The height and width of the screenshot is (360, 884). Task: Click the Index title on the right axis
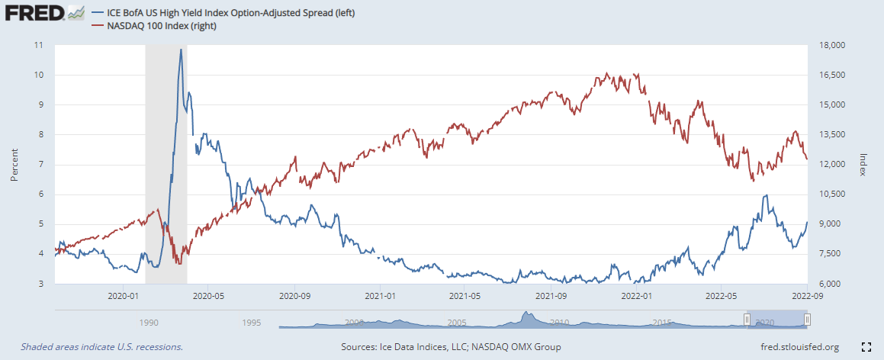click(863, 164)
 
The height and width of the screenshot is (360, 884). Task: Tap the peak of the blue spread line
click(181, 50)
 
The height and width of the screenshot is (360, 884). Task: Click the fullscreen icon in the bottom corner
click(866, 347)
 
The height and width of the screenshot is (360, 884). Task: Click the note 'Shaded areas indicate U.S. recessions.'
click(101, 347)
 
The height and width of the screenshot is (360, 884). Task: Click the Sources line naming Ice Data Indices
click(451, 347)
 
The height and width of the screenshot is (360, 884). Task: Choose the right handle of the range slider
click(807, 320)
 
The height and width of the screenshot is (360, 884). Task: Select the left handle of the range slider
click(747, 320)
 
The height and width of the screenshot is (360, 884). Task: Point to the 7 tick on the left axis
click(40, 164)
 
